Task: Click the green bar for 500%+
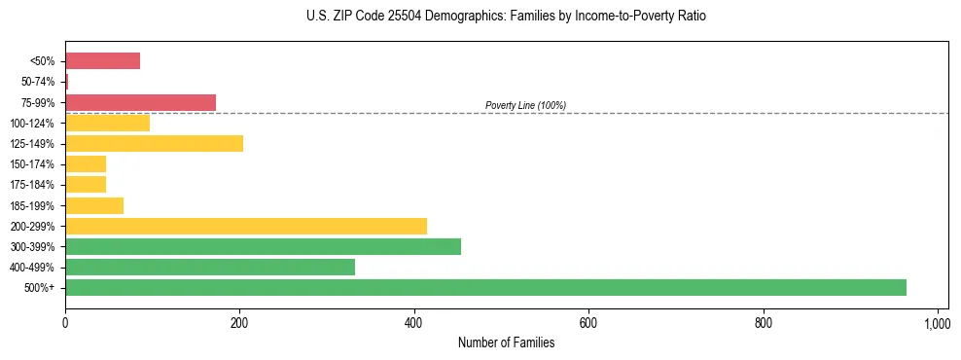coord(485,287)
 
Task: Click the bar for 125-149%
coord(154,143)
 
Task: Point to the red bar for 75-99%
coord(140,102)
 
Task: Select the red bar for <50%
coord(102,61)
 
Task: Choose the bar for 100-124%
coord(107,123)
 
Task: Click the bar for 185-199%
coord(94,205)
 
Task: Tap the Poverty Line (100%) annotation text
coord(525,105)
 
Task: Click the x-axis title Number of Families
coord(506,342)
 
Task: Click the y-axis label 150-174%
coord(32,164)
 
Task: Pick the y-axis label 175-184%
coord(32,185)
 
